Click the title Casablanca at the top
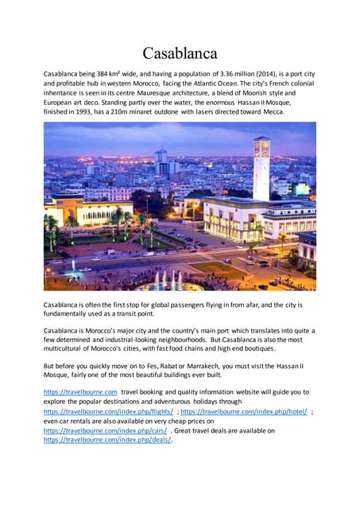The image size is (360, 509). (x=180, y=53)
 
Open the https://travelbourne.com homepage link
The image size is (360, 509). (x=80, y=392)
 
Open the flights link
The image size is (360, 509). (x=108, y=411)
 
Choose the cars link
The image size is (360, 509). (x=105, y=430)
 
